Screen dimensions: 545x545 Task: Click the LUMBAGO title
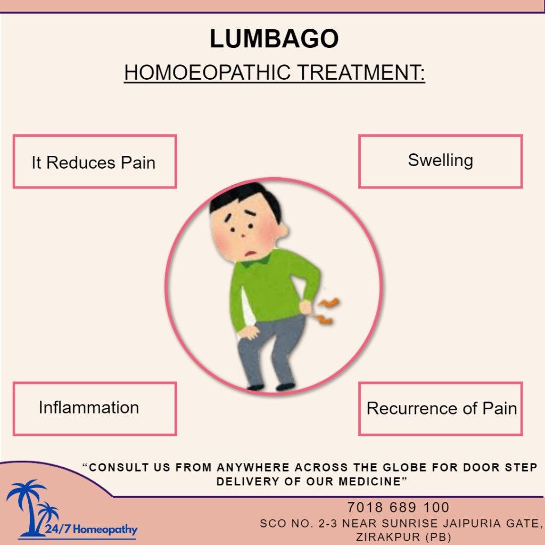tap(274, 38)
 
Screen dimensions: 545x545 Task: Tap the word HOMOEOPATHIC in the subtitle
tap(207, 72)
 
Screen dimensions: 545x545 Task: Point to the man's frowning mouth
tap(250, 253)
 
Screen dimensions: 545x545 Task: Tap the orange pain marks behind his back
tap(327, 310)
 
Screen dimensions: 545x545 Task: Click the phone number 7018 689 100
tap(398, 507)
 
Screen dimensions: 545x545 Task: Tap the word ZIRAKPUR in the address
tap(388, 536)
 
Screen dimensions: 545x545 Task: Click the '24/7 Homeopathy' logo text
tap(91, 530)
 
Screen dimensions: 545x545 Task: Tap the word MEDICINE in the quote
tap(368, 482)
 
